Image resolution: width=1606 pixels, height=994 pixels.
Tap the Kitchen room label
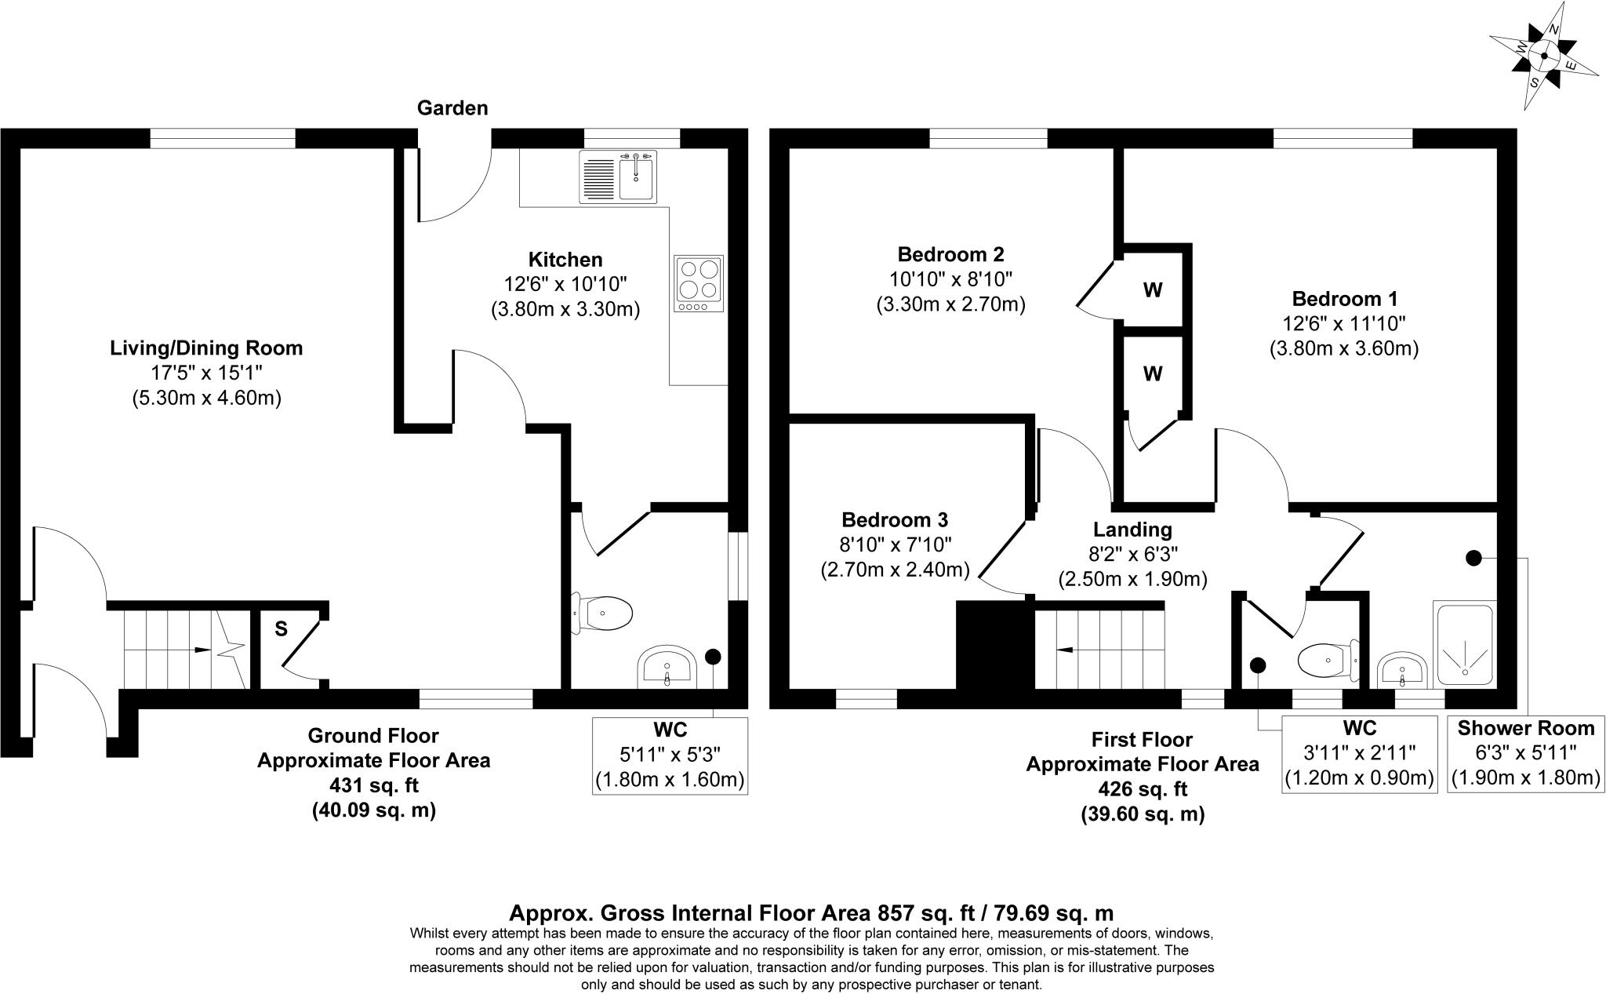565,260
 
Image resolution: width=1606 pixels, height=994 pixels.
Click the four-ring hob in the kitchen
697,284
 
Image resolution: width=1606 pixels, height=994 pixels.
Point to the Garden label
452,108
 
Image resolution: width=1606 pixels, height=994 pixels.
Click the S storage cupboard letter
281,628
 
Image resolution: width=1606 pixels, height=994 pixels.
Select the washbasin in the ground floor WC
666,667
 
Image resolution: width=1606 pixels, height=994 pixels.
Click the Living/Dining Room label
206,348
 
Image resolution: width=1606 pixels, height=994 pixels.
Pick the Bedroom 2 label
950,254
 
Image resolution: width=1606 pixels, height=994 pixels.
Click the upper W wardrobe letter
1152,290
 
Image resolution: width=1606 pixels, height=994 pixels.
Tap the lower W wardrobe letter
1152,374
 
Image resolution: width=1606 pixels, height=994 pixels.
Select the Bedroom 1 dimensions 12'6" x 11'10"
1344,323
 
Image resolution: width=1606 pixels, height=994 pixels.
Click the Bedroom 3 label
895,519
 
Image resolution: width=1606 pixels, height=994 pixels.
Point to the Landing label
1132,530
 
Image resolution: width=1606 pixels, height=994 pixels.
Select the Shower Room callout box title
1525,728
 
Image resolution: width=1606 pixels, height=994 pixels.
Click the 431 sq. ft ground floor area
373,785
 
